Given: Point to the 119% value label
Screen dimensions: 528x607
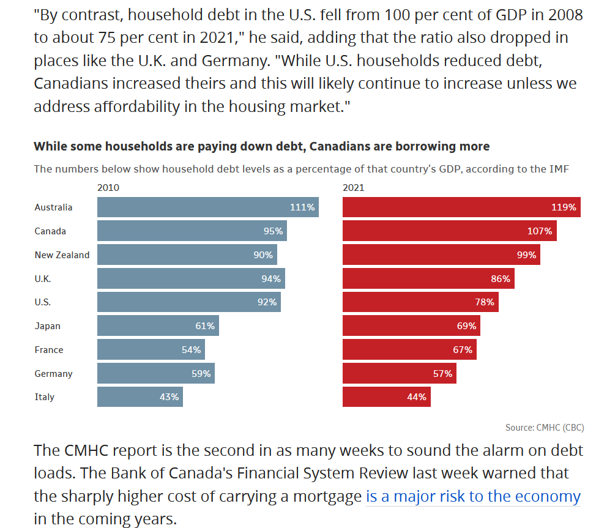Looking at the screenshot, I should pos(564,207).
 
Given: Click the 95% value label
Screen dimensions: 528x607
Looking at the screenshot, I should pos(274,231).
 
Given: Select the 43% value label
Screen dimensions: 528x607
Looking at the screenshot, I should pos(169,397).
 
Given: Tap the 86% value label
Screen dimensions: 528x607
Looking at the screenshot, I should pos(501,279).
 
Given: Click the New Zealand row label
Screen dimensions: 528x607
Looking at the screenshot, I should pos(62,255).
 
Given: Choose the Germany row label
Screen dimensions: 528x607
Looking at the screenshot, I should pos(53,374).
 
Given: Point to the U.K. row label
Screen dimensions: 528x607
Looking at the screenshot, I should pos(43,279).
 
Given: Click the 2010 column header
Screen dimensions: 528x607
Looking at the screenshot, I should pos(108,188).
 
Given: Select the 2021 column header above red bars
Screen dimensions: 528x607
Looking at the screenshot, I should pos(354,188).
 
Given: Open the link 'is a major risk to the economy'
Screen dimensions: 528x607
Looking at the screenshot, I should pos(473,496).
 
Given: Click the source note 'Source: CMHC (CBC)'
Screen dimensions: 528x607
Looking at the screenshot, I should pos(549,428).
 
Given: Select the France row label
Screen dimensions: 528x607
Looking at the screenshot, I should pos(49,350).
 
